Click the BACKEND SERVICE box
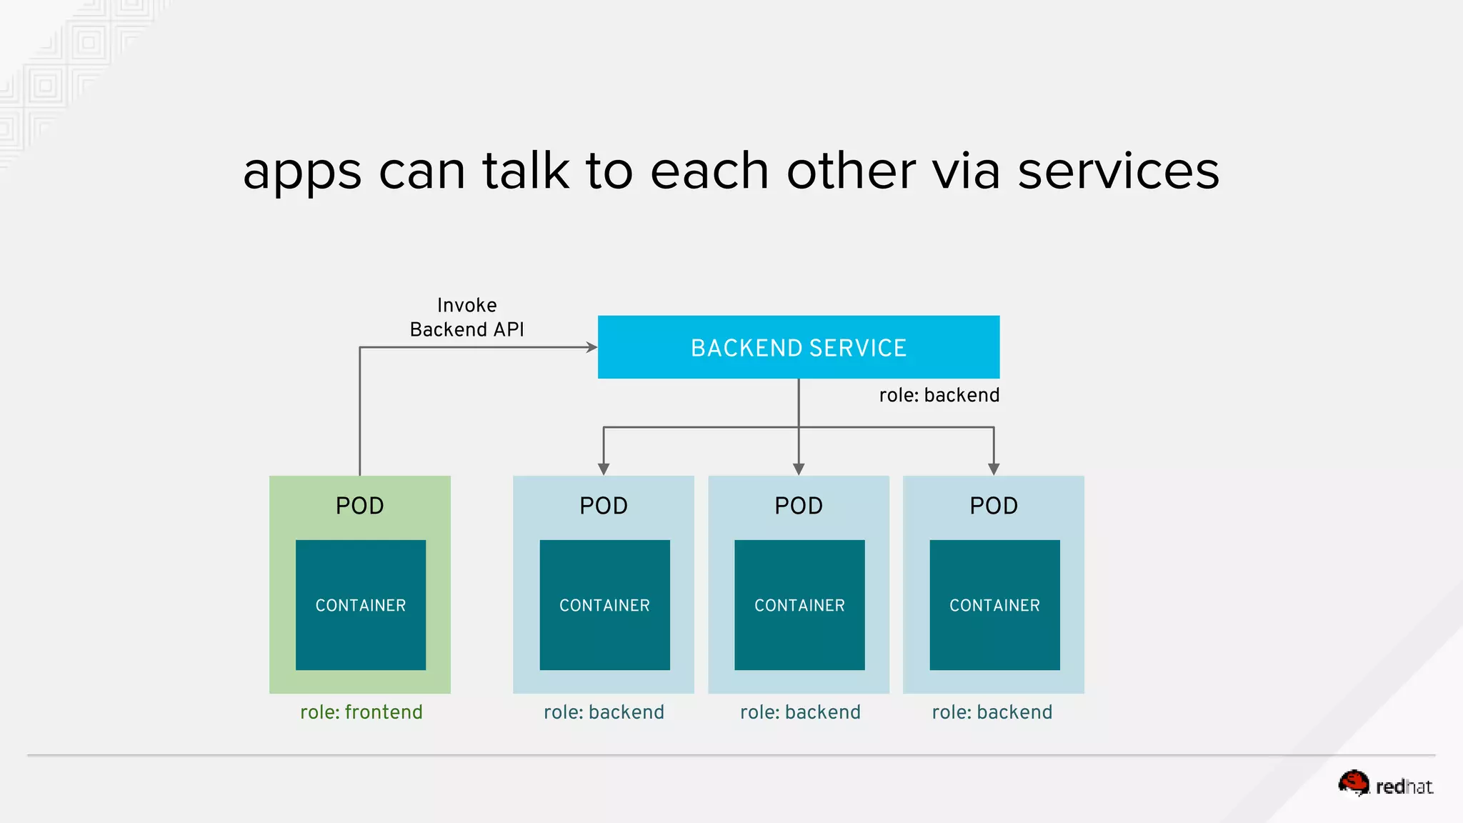(x=798, y=347)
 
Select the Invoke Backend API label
(x=466, y=317)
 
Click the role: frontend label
(x=361, y=712)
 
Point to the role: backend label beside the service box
(x=939, y=395)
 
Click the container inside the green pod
(x=361, y=604)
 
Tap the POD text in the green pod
(x=359, y=506)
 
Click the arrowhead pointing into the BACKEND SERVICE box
(x=591, y=347)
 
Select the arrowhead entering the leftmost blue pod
(x=604, y=469)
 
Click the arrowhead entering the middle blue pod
(x=799, y=469)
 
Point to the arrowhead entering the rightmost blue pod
(x=994, y=469)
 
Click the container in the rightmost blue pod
(x=994, y=604)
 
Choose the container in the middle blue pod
(x=799, y=604)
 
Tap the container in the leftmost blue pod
(x=604, y=604)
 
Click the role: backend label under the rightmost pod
(x=992, y=712)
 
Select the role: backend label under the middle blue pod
(x=800, y=712)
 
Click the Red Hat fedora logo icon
(x=1354, y=783)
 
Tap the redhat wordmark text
(x=1404, y=787)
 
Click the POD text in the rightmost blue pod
(x=994, y=506)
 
